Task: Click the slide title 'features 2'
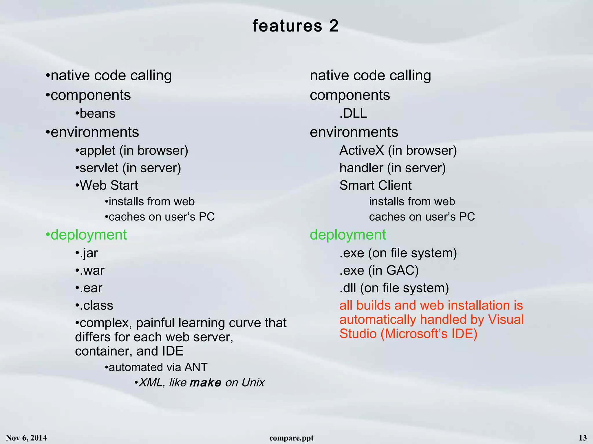(295, 26)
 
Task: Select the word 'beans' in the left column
(97, 113)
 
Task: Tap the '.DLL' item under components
(353, 113)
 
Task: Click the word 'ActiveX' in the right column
(361, 150)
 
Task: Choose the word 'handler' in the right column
(361, 168)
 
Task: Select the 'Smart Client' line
(375, 185)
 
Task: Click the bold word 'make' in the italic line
(206, 383)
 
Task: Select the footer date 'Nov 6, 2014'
(26, 438)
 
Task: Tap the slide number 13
(583, 438)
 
